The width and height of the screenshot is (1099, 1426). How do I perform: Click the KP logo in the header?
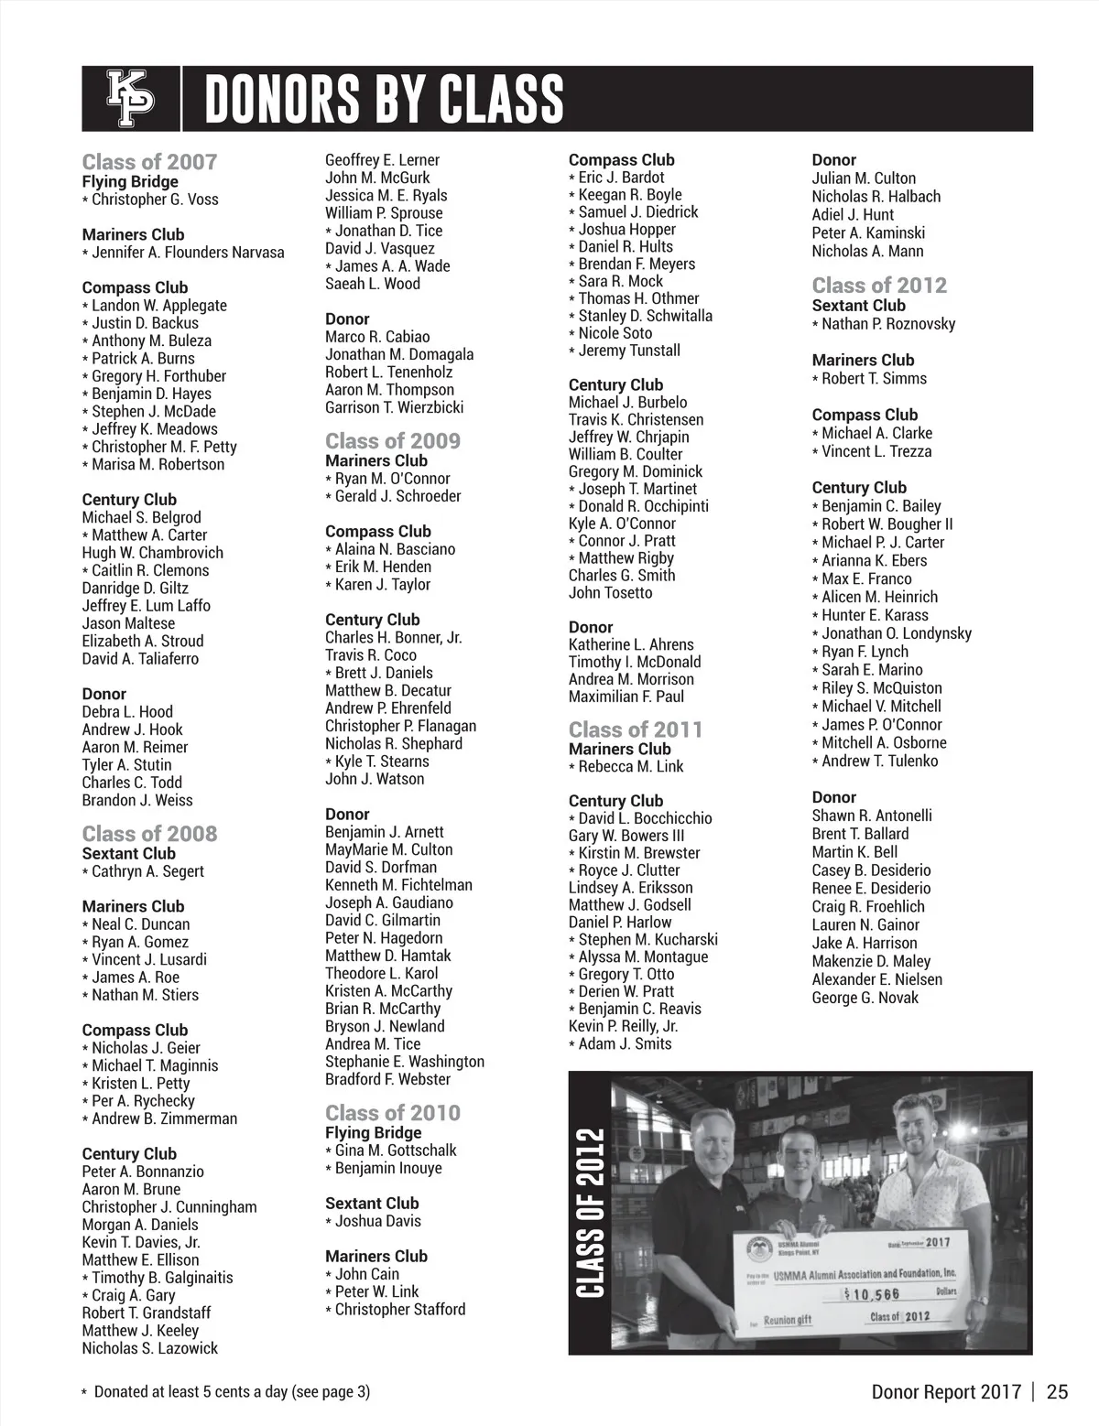point(131,99)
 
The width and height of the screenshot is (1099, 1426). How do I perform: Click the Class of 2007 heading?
point(149,162)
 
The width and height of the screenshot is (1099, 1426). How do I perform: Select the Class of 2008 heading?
point(149,834)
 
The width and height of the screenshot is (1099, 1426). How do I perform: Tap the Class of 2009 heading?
point(393,441)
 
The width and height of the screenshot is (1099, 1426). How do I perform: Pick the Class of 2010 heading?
point(393,1113)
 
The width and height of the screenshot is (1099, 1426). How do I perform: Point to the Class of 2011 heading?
point(636,729)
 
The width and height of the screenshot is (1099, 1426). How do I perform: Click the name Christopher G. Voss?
point(155,200)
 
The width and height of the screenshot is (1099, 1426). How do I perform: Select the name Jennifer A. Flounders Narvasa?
point(188,253)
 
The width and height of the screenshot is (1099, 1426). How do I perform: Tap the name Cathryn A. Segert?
point(147,871)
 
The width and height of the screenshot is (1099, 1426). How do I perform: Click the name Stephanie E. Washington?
point(405,1062)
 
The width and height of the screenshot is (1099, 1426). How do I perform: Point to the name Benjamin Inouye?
point(388,1168)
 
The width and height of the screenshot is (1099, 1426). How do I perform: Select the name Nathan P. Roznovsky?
point(888,324)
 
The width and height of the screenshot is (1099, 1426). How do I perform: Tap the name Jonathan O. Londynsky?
point(897,633)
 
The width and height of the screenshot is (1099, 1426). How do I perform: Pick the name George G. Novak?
point(865,998)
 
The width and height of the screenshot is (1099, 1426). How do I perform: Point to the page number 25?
point(1057,1392)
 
